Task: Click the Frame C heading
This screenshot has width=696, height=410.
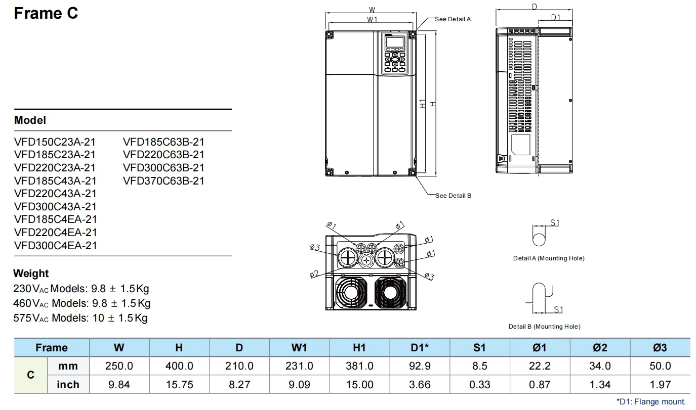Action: [x=46, y=14]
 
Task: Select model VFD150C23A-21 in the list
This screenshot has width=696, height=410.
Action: [x=55, y=142]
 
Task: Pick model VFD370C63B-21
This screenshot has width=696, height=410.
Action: [x=163, y=181]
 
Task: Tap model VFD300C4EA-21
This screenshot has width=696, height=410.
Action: [x=55, y=246]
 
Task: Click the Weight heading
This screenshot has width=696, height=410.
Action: [x=31, y=274]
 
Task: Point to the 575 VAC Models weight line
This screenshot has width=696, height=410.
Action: [x=80, y=318]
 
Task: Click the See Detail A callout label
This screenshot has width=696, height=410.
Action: [x=453, y=19]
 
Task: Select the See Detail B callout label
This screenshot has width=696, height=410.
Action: [x=453, y=196]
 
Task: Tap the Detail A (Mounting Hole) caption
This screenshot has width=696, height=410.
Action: [x=549, y=258]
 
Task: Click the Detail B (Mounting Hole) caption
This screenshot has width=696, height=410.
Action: [x=545, y=327]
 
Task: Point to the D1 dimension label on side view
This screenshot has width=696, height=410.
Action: [x=556, y=18]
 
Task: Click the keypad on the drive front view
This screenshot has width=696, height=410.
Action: [x=394, y=55]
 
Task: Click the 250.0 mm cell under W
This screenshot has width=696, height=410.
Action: [x=119, y=366]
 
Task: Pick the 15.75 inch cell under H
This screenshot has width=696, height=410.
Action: [x=179, y=385]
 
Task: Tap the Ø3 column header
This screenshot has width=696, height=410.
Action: [x=660, y=347]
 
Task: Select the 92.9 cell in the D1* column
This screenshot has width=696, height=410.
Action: [x=420, y=366]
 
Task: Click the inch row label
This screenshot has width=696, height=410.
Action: [x=68, y=385]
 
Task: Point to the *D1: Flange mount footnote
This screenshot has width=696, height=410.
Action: [x=651, y=401]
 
